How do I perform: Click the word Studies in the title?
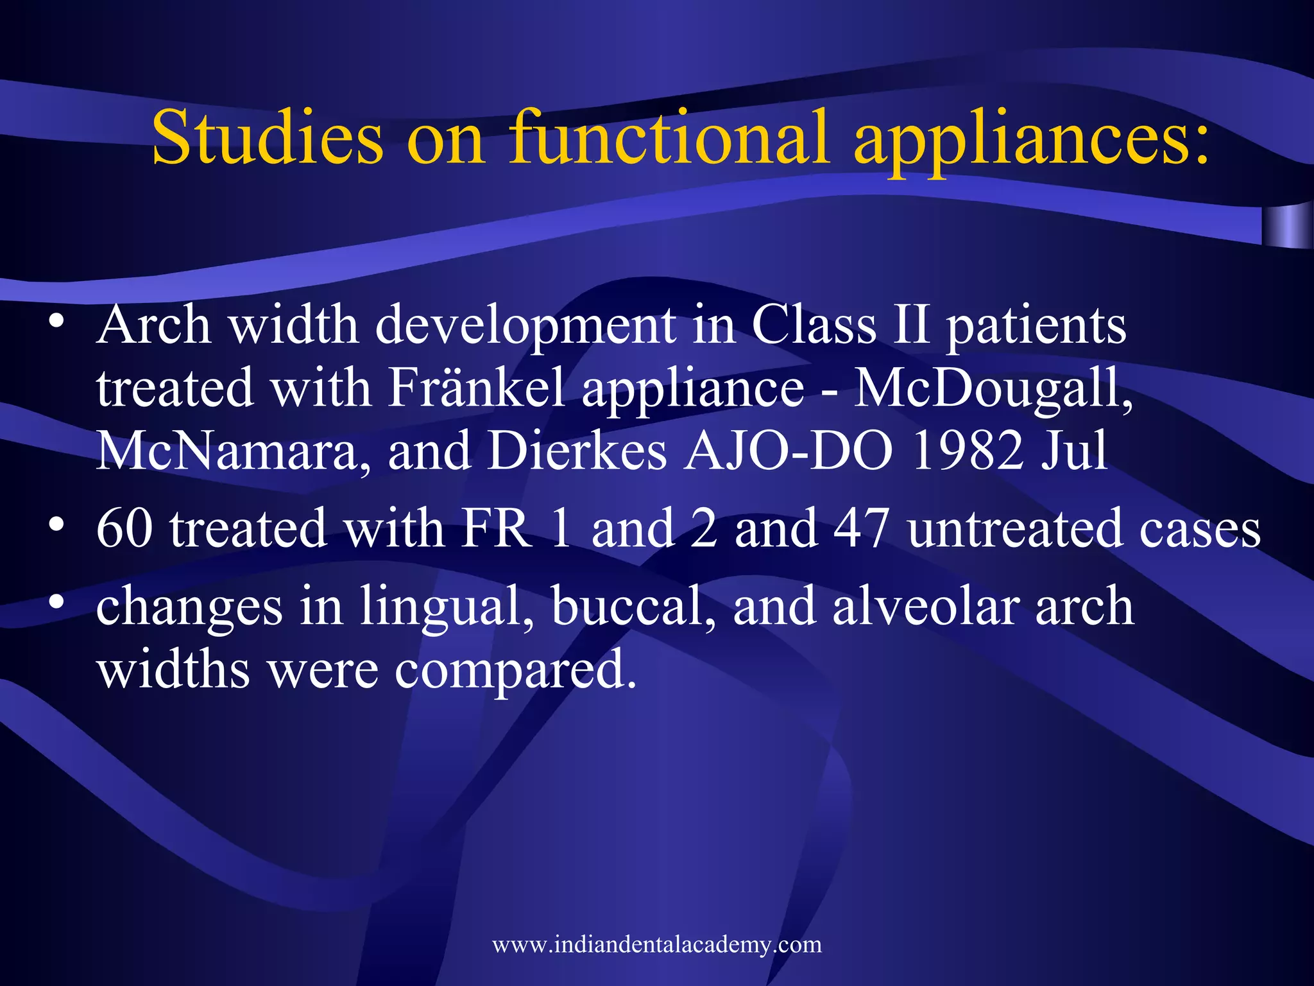267,137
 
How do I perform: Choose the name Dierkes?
577,451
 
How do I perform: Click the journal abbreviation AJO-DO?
788,451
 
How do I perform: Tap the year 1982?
967,451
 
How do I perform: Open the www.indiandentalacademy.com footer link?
657,944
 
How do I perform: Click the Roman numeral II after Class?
911,325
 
